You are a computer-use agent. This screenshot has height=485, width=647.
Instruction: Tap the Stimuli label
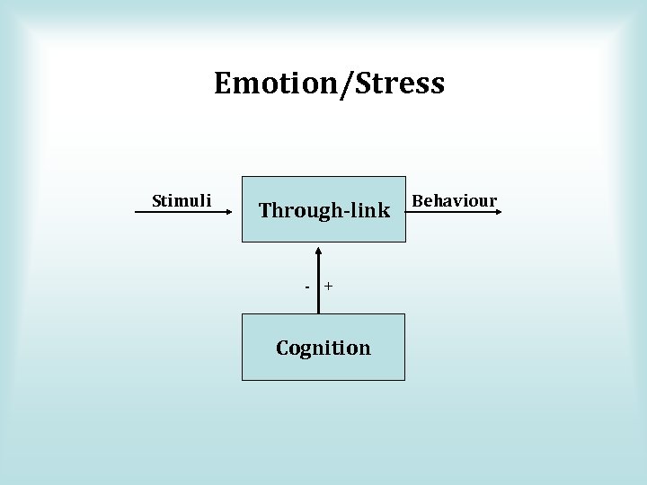click(x=182, y=199)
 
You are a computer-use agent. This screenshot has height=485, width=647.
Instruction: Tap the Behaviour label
click(x=454, y=199)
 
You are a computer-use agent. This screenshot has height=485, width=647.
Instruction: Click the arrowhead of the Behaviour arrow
click(x=499, y=212)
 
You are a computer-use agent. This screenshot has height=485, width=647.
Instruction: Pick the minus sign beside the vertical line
click(x=306, y=287)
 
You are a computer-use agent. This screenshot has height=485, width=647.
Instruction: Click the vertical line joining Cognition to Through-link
click(x=318, y=278)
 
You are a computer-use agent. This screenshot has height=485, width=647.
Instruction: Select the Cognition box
click(x=323, y=347)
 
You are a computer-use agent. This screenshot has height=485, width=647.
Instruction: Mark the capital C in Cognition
click(x=283, y=348)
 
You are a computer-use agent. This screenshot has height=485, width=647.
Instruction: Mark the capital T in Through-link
click(x=266, y=211)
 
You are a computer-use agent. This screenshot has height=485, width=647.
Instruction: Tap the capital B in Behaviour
click(x=416, y=199)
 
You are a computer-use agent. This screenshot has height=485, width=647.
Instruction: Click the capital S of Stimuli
click(x=156, y=199)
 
